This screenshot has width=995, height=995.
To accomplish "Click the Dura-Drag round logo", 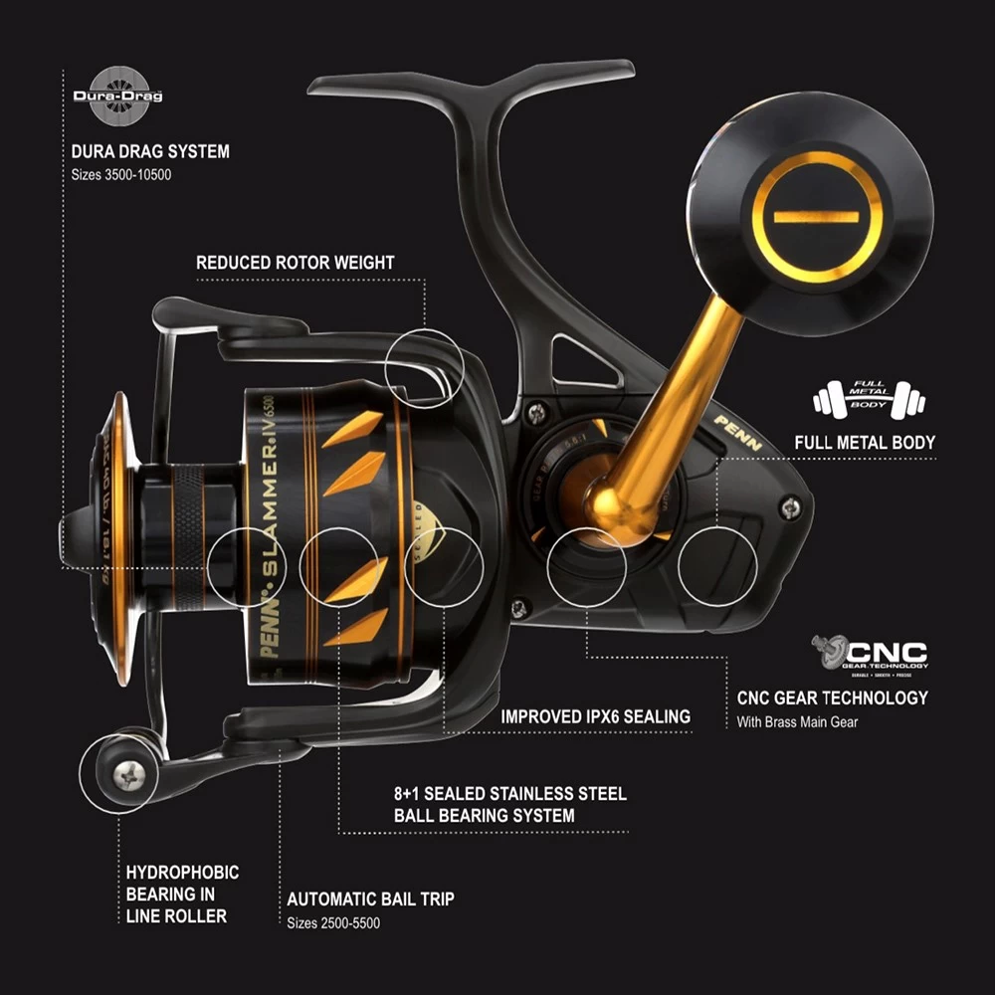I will (x=117, y=97).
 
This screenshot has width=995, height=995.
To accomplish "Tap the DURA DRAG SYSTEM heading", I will (x=150, y=152).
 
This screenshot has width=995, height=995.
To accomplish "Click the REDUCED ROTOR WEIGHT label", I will (x=295, y=264).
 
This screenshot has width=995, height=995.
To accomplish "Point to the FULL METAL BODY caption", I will (x=865, y=442).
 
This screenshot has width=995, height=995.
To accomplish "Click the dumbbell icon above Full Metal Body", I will (x=869, y=399).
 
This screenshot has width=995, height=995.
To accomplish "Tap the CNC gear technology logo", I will (x=869, y=655).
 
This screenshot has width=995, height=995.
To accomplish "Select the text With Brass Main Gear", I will (x=797, y=721).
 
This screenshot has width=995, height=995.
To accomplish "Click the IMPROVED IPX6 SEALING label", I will (x=595, y=716).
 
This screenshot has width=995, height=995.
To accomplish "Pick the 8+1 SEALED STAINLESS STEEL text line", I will (x=510, y=794).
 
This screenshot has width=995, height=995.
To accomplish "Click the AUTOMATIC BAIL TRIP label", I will (x=370, y=898).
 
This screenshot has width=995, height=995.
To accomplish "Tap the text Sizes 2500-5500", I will (x=333, y=923).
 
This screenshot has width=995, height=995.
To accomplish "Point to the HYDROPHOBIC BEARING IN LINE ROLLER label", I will (x=182, y=894).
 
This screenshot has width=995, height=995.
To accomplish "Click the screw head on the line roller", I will (x=129, y=774).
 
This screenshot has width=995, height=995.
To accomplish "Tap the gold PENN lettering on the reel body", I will (x=737, y=432).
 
